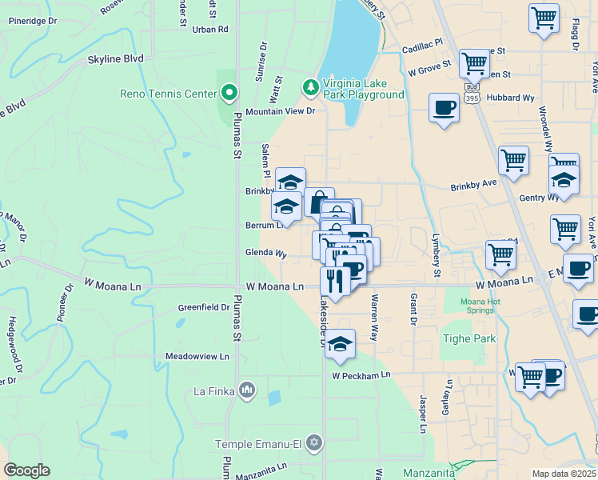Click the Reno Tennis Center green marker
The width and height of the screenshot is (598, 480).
click(229, 94)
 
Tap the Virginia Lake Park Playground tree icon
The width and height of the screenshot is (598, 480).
click(310, 85)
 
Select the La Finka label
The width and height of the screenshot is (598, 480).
click(212, 391)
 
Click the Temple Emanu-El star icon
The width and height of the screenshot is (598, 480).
click(314, 442)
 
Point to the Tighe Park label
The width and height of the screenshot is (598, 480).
click(468, 338)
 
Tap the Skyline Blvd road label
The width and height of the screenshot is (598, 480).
click(115, 58)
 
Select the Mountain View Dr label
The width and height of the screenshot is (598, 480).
click(281, 112)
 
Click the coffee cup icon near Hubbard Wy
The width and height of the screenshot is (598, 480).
click(444, 107)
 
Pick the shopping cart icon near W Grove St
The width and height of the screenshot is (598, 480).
click(474, 62)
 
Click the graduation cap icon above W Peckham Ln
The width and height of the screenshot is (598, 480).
click(341, 345)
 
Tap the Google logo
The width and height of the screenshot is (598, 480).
click(26, 470)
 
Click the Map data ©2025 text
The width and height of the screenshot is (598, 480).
click(564, 474)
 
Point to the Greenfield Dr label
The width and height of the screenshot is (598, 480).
click(204, 307)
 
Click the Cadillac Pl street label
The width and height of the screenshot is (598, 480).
click(421, 49)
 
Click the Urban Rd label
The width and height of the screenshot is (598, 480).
click(210, 29)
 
